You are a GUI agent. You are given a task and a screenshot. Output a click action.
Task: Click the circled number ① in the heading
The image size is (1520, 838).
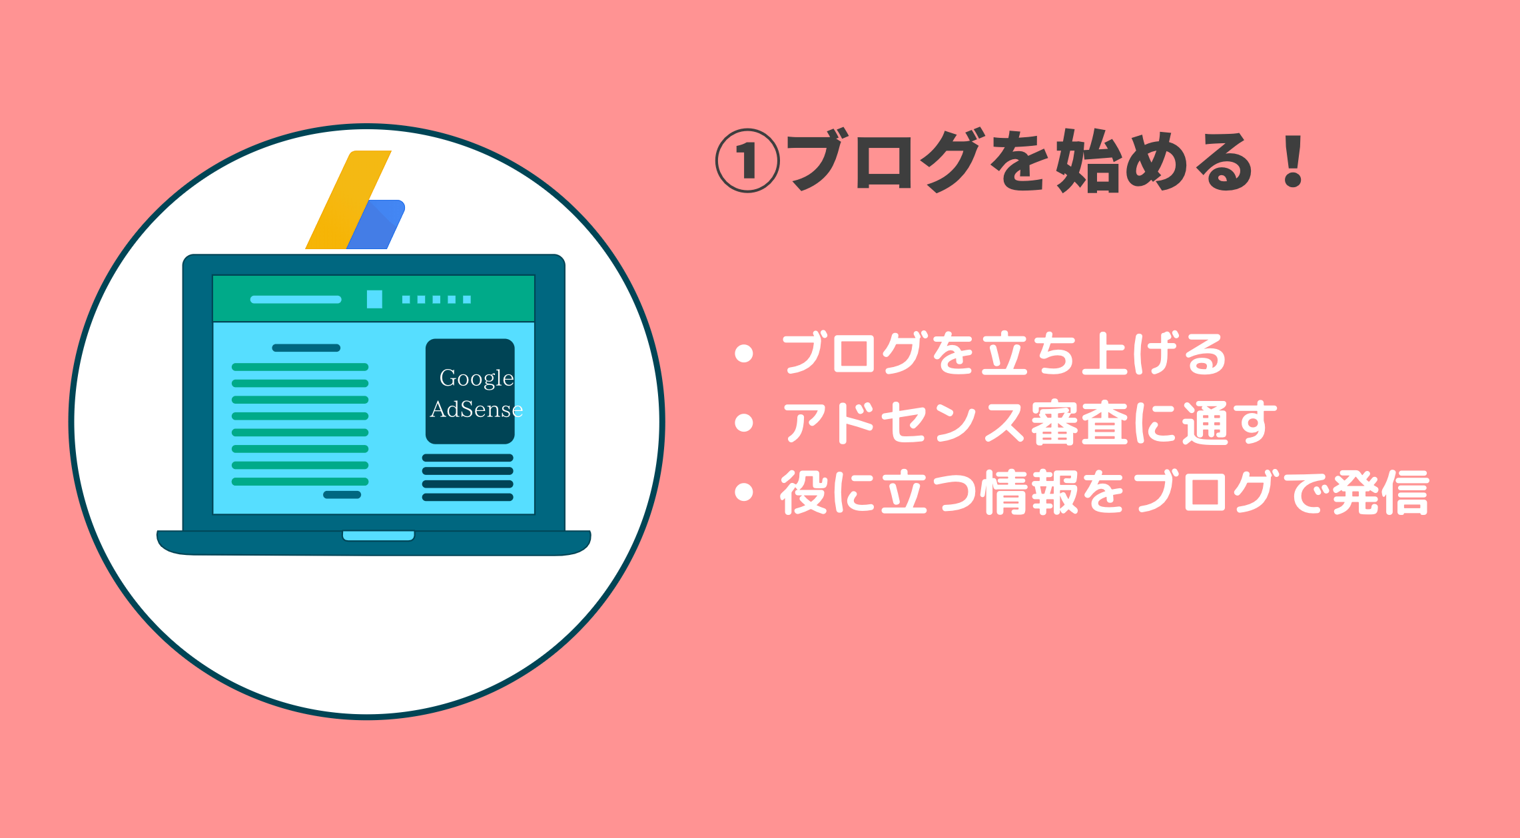coord(747,161)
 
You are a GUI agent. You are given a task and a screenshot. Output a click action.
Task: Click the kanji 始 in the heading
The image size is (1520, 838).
coord(1088,161)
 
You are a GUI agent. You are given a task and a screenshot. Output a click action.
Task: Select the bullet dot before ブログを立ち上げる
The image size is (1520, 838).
coord(743,354)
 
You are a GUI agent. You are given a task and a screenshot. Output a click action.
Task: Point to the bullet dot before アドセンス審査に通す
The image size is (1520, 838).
coord(743,422)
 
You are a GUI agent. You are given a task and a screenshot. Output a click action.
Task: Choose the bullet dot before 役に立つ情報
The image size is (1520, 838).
coord(743,492)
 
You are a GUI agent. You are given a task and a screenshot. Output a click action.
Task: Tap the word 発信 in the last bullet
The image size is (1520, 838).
coord(1381,492)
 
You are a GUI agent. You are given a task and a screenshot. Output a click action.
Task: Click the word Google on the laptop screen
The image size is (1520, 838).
coord(476,378)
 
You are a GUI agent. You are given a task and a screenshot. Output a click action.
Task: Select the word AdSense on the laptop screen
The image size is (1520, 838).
coord(476,409)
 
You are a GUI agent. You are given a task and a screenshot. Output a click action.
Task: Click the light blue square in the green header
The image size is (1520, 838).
coord(374,299)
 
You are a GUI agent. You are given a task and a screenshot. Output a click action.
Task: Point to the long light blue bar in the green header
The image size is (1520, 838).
coord(296,299)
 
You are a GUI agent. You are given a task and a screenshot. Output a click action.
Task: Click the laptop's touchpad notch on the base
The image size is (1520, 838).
coord(378,536)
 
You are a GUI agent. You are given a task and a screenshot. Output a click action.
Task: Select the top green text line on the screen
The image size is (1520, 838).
coord(300,367)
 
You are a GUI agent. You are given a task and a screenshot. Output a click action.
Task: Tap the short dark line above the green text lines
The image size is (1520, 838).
coord(306,348)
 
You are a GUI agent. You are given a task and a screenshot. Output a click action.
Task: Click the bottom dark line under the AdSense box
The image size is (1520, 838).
coord(468,497)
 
